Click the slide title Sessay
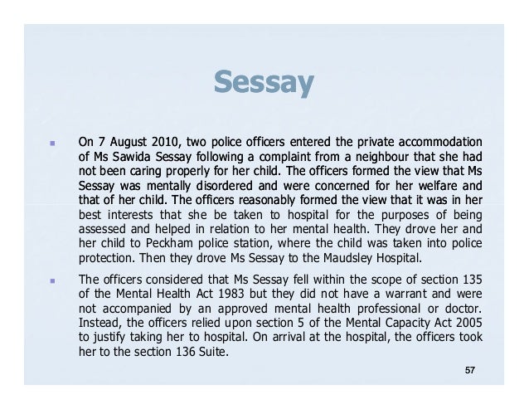(x=264, y=82)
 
